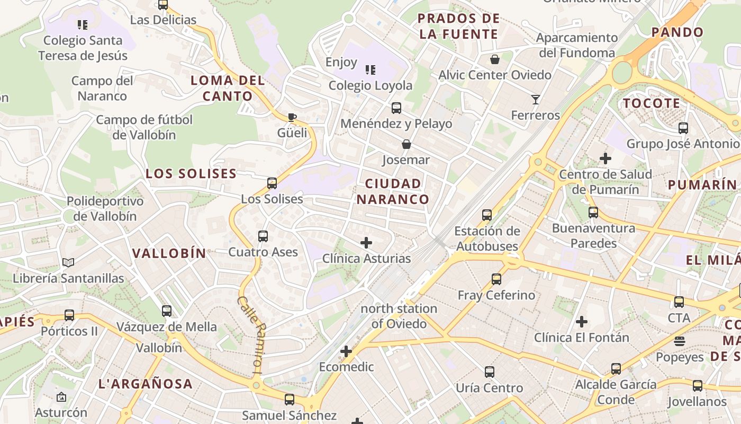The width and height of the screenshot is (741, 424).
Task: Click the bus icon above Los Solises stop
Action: pos(272,183)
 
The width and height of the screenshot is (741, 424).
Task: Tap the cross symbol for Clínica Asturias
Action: pos(366,243)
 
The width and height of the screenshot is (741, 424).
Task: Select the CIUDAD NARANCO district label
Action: pos(393,191)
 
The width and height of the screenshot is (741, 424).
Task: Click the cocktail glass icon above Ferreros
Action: pos(535,99)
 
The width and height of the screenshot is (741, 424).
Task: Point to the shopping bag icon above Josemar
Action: pos(406,144)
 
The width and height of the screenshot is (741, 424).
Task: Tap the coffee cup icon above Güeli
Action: pos(292,117)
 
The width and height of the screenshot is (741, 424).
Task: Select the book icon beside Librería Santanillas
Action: pos(68,262)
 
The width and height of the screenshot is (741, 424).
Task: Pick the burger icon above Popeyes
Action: pos(680,341)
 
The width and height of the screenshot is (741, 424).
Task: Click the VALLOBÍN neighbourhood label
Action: pos(169,253)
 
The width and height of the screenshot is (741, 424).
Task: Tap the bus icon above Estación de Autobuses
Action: pos(487,215)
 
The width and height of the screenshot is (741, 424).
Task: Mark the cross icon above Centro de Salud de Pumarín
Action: pos(606,158)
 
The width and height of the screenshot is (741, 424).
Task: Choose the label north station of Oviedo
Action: pos(399,316)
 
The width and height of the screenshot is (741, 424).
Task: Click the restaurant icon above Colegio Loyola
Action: pos(370,69)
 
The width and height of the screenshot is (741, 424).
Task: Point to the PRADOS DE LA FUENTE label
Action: pos(458,26)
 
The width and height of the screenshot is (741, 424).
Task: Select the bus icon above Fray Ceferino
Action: pos(496,279)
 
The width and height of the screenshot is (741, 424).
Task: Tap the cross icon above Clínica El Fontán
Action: pos(582,322)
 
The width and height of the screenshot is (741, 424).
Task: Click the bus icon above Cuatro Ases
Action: pos(263,236)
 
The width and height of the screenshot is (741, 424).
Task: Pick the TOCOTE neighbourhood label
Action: pos(652,103)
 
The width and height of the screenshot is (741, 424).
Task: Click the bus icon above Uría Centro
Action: pos(490,372)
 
